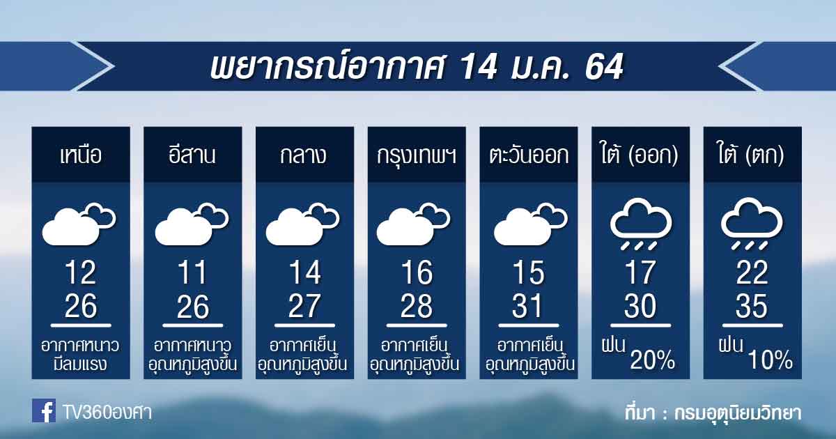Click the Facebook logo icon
tap(44, 410)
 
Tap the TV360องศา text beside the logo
tap(107, 413)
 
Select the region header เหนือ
tap(81, 155)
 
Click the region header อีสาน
tap(192, 154)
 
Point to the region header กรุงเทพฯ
tap(417, 155)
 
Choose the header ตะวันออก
tap(529, 155)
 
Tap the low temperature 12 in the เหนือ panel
tap(81, 272)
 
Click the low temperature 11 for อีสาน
tap(192, 272)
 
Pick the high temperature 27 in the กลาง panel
tap(304, 306)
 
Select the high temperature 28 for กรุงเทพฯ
tap(417, 306)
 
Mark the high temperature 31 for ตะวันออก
tap(527, 306)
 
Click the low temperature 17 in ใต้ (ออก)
tap(640, 272)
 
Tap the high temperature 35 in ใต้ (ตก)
tap(752, 306)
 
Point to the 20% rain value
tap(653, 360)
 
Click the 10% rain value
tap(771, 360)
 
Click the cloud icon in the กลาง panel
tap(302, 224)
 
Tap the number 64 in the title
tap(604, 67)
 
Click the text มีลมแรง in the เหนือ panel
tap(80, 364)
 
